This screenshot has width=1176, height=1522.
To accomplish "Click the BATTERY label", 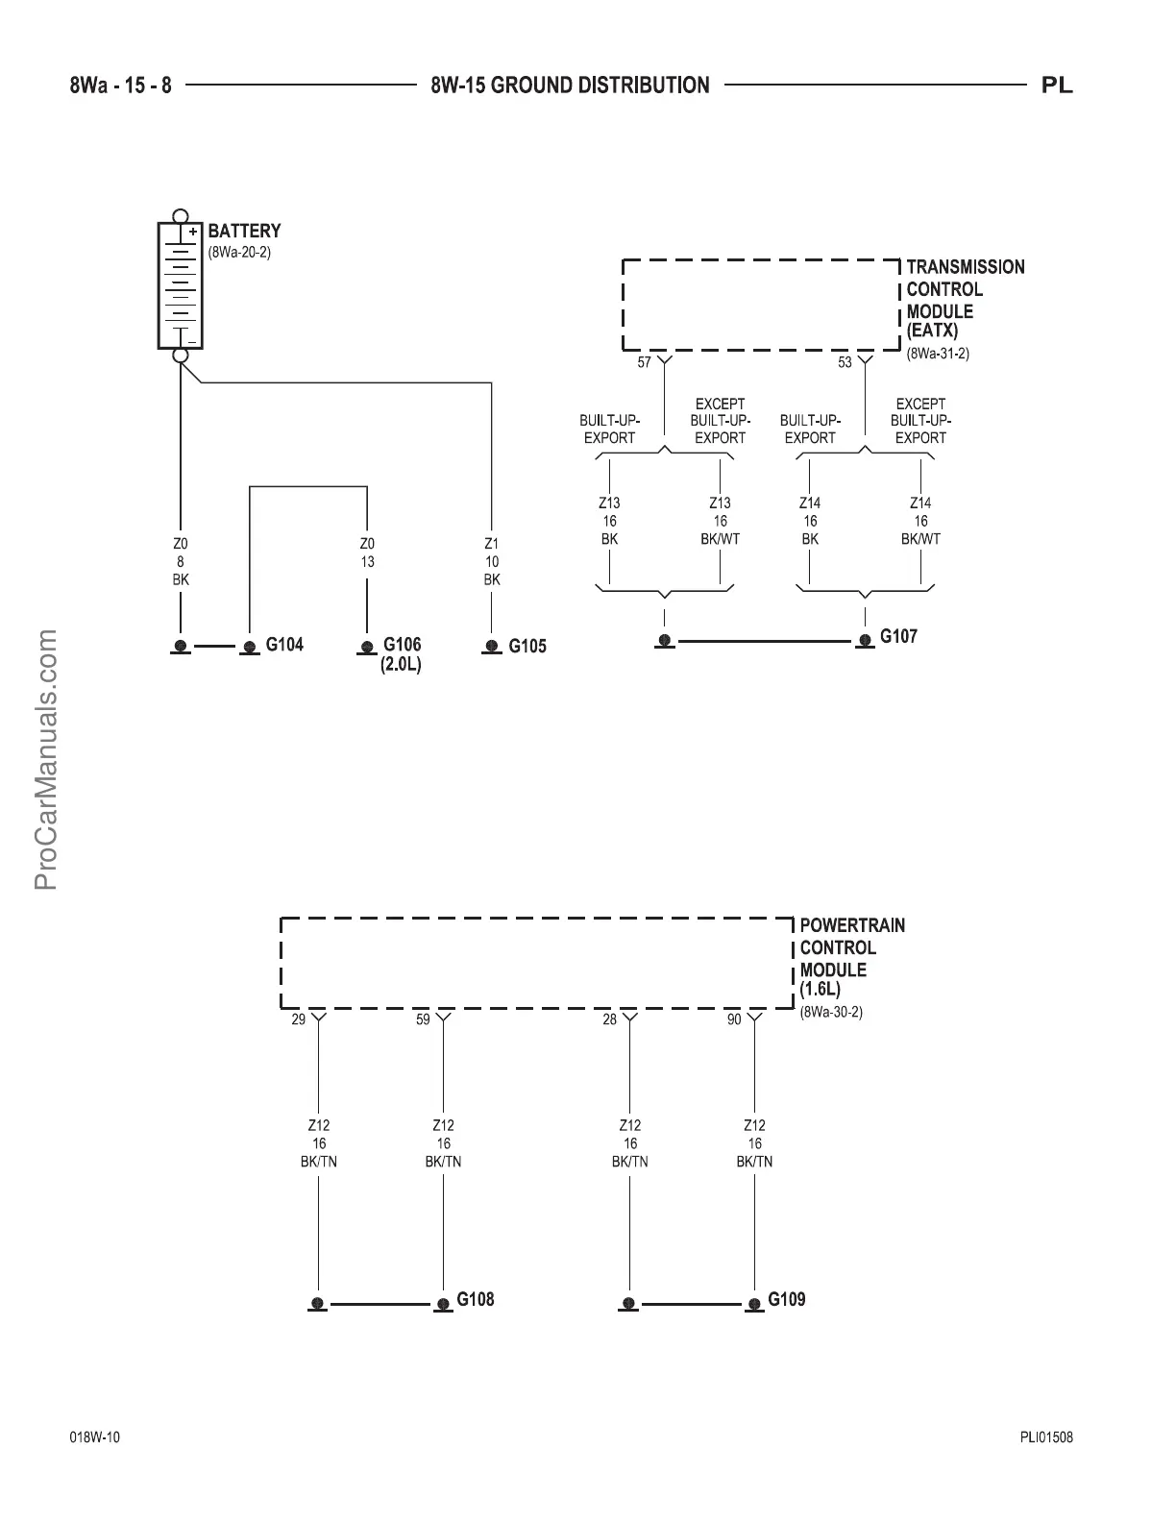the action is (244, 231).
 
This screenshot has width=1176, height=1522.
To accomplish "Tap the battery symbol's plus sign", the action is (192, 232).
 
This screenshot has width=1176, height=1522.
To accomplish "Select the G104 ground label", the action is (284, 645).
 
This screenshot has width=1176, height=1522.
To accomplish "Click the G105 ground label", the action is (527, 647).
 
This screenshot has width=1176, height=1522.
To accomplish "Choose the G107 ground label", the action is (898, 636).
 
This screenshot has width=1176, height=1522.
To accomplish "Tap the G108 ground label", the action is (475, 1299).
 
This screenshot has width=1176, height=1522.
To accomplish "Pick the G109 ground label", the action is (787, 1299).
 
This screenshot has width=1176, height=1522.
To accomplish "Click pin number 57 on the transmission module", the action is (644, 362).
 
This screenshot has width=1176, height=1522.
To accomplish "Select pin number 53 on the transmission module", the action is (845, 362).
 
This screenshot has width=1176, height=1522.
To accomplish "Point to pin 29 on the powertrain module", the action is (298, 1019).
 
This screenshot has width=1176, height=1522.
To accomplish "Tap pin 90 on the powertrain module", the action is (734, 1019).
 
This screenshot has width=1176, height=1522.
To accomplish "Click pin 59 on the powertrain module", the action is (423, 1019).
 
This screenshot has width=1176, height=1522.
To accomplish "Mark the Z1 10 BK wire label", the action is (492, 562).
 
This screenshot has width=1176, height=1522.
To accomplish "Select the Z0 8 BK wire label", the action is (181, 562).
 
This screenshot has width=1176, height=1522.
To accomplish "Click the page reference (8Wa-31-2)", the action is (938, 354).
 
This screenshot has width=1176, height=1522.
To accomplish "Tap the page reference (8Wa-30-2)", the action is (831, 1012).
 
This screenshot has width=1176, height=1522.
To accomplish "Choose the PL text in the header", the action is (1057, 86).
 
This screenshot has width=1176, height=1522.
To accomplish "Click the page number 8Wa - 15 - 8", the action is (121, 86).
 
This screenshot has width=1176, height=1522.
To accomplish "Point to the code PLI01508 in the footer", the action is (1046, 1437).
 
